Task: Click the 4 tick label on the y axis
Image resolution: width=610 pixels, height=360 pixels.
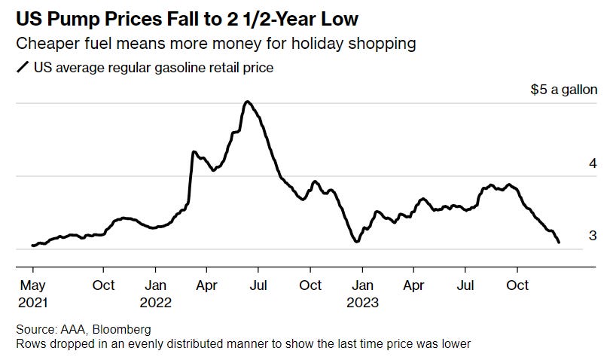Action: [593, 163]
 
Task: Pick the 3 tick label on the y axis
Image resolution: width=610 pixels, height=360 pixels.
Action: [593, 236]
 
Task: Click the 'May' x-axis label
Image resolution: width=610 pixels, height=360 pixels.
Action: [32, 285]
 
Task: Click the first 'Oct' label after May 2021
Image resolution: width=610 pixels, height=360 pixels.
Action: [103, 285]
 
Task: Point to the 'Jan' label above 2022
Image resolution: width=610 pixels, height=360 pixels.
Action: [155, 285]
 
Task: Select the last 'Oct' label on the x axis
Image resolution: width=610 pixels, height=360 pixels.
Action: [517, 285]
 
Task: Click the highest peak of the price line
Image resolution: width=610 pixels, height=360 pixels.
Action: [246, 101]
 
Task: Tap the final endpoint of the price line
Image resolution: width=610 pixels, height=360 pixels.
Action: [559, 243]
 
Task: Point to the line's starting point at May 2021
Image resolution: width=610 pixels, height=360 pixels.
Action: [32, 246]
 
